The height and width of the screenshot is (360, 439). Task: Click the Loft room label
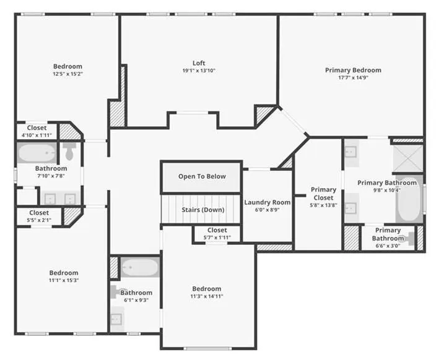point(199,63)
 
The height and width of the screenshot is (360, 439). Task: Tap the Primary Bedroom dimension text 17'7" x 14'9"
point(353,77)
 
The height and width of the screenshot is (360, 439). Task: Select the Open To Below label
point(202,176)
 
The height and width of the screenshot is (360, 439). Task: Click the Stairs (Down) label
point(203,210)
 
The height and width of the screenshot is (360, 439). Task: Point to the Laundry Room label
point(267,202)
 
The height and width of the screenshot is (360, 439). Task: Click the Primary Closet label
point(323,194)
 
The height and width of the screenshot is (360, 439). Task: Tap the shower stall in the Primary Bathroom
point(408,158)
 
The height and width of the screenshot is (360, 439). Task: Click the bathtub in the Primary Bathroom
point(409,199)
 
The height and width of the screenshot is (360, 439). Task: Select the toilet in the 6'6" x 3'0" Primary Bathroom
point(408,239)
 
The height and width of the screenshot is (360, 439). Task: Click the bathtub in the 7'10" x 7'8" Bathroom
point(37,153)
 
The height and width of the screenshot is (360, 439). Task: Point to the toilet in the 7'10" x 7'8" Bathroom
point(69,152)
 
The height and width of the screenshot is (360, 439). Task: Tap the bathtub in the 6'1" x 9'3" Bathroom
point(140,267)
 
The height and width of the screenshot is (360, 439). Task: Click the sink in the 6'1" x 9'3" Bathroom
point(116,319)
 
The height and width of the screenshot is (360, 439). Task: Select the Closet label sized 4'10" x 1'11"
point(37,128)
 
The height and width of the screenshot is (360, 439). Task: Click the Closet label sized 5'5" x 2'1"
point(39,213)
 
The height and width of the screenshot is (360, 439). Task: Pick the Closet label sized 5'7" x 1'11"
point(217,230)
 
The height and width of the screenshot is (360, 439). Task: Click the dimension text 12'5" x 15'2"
point(67,74)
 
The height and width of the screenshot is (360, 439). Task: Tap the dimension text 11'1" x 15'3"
point(64,280)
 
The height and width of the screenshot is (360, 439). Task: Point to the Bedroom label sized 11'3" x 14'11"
point(207,289)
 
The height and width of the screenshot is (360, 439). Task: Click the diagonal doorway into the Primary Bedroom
point(293,121)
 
